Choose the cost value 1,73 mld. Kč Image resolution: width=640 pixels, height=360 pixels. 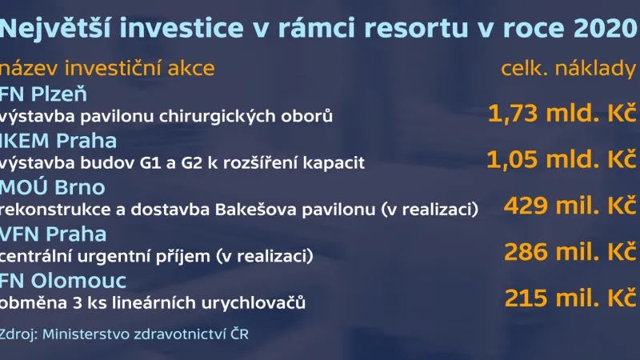pos(562,114)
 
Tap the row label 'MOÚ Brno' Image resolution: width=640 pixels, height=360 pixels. pos(54,188)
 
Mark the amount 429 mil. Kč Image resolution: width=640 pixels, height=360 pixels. pos(570,206)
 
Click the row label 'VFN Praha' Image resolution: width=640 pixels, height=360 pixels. pos(54,235)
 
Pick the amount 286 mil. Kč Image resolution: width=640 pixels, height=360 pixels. pos(570,253)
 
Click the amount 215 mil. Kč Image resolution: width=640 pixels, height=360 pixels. pos(570,299)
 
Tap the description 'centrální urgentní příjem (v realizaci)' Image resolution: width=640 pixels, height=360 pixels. pos(157,257)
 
